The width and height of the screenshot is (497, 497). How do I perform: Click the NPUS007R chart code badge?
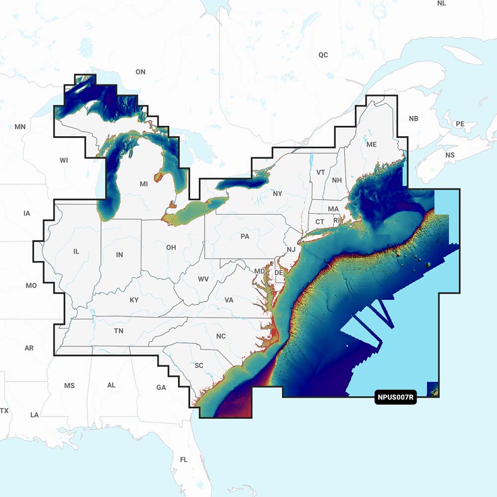[x=395, y=398]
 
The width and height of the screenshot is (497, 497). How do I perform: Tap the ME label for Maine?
[x=371, y=145]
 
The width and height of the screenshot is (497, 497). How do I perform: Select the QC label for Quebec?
[x=323, y=55]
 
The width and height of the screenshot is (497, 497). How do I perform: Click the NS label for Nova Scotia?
[x=450, y=155]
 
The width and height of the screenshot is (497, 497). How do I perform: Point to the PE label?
[x=460, y=124]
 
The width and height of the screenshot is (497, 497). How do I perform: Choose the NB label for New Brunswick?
[x=414, y=119]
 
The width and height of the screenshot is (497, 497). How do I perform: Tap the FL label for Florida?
[x=184, y=460]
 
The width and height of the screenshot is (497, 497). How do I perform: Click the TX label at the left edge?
[x=4, y=411]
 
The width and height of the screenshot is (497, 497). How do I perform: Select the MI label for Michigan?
[x=144, y=184]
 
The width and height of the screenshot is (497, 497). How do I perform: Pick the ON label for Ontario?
[x=141, y=72]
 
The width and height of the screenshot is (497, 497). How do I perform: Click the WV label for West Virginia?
[x=203, y=279]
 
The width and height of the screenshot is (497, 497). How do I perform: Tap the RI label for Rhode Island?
[x=336, y=220]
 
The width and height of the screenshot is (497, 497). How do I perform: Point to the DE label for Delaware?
[x=279, y=273]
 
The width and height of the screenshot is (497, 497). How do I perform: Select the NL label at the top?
[x=441, y=3]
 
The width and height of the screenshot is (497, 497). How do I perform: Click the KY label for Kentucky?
[x=134, y=300]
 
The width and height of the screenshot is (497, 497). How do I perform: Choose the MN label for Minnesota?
[x=20, y=127]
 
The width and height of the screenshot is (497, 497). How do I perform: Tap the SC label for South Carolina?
[x=199, y=366]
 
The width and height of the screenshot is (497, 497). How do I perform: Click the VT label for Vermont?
[x=321, y=172]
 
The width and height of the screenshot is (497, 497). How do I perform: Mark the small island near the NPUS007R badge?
[x=433, y=390]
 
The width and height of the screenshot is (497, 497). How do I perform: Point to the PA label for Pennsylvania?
[x=245, y=237]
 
